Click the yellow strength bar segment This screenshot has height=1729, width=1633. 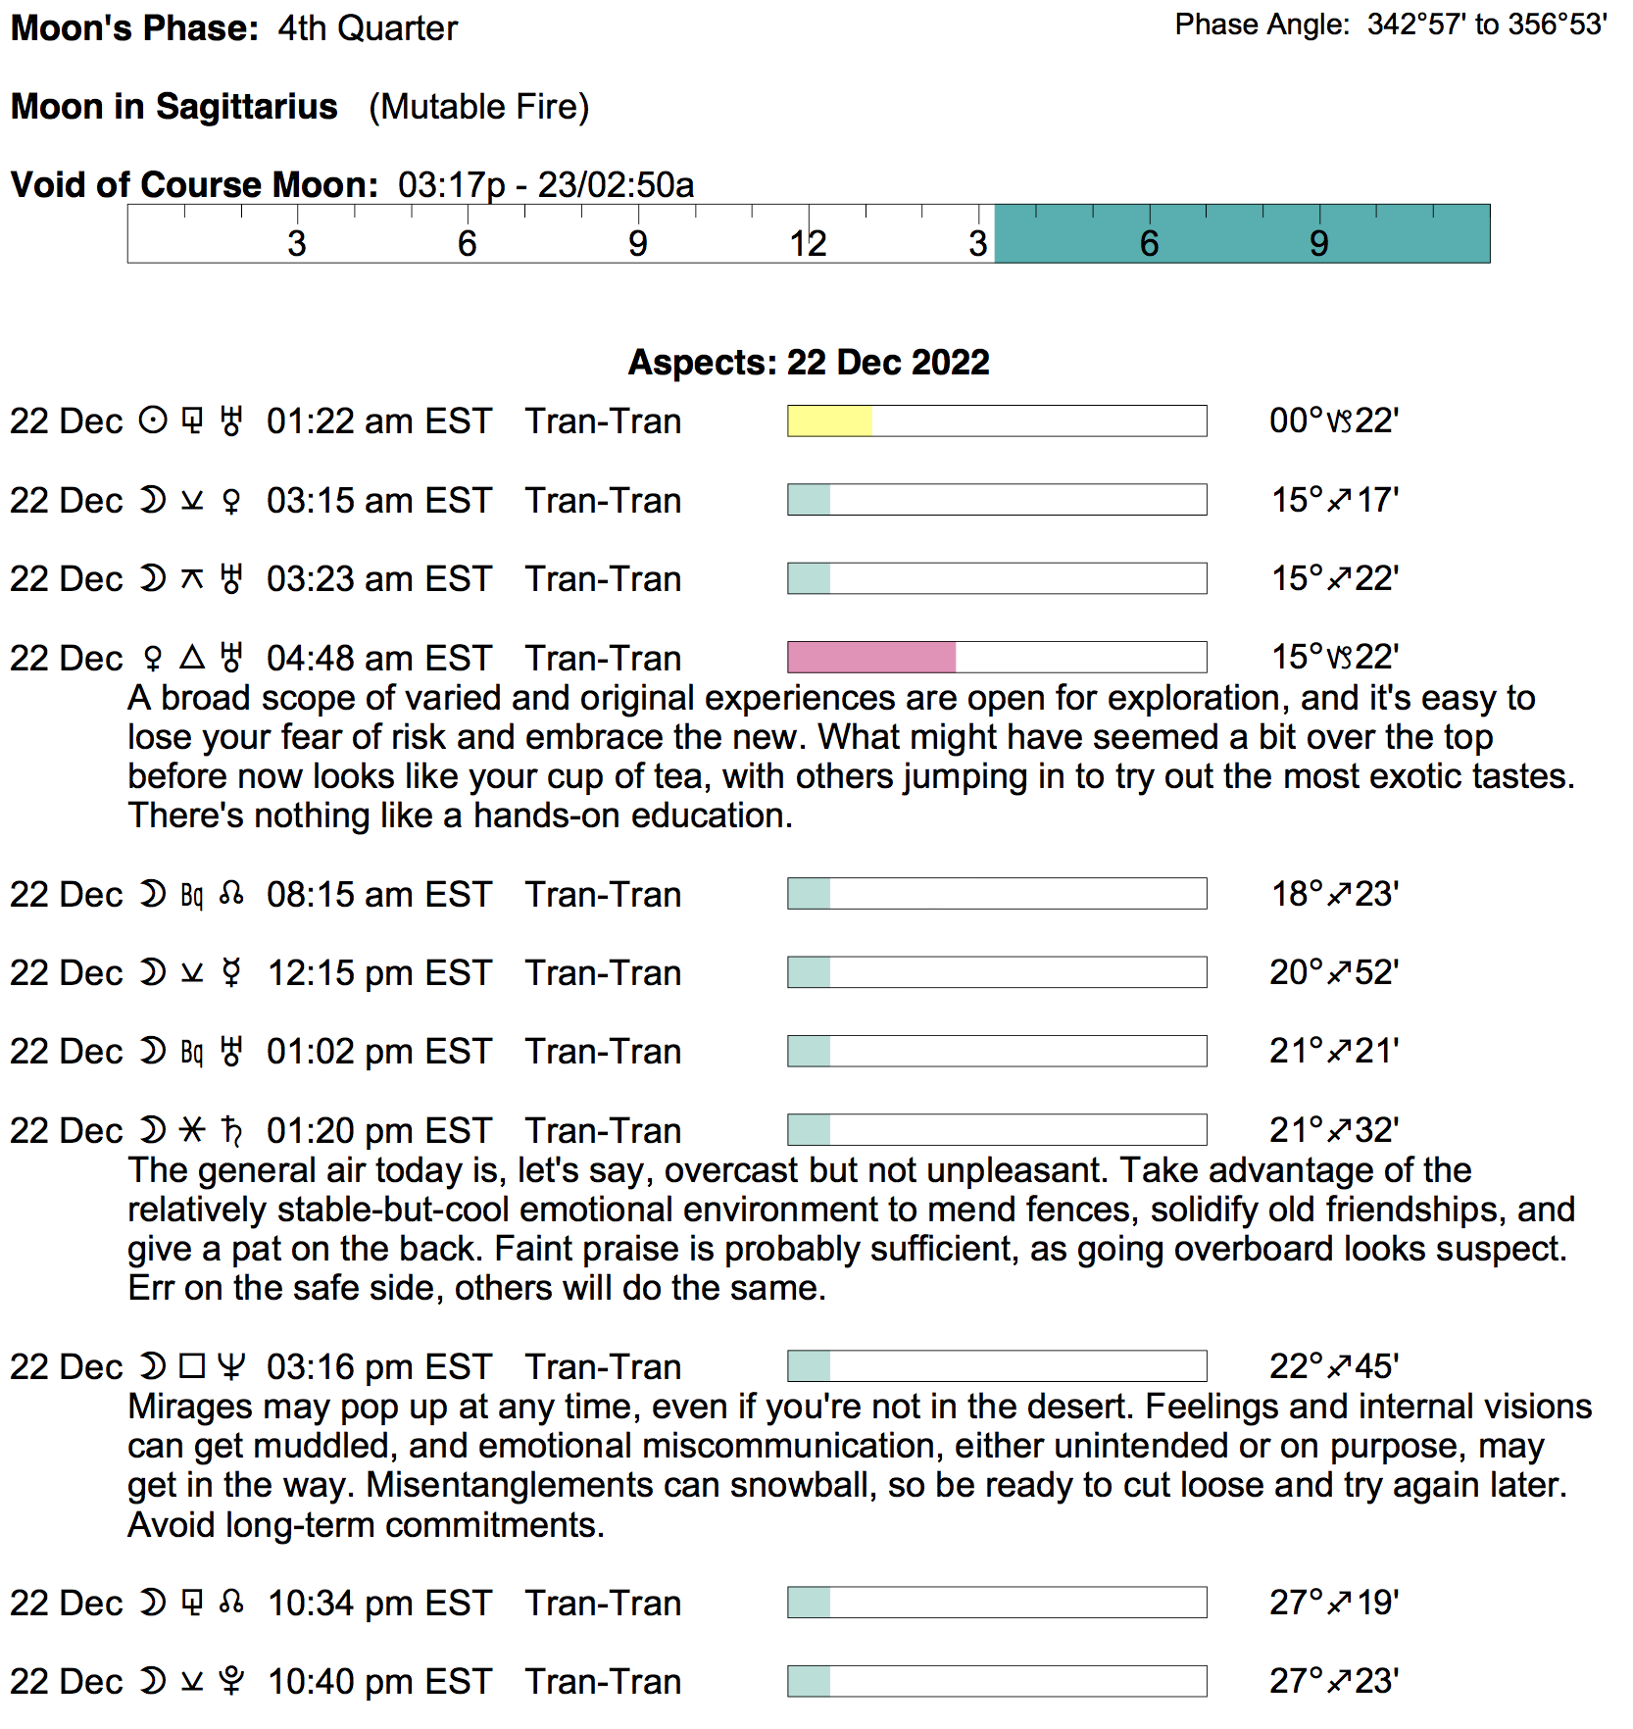(x=829, y=421)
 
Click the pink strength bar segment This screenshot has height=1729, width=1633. (x=871, y=658)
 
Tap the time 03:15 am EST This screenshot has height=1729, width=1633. (x=378, y=501)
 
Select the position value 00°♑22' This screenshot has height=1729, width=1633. (x=1333, y=421)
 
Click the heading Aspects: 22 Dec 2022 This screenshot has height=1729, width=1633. (x=809, y=363)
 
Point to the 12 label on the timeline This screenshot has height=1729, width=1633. (x=809, y=243)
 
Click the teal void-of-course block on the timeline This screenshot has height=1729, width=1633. (x=1242, y=234)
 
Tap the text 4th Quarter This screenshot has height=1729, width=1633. (x=368, y=28)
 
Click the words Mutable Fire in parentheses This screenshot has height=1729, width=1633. (x=479, y=107)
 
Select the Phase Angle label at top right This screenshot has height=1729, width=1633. (x=1262, y=25)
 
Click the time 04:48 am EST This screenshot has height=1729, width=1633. (x=378, y=659)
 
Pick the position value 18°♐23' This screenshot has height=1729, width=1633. (x=1334, y=894)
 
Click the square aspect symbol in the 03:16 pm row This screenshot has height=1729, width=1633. (x=192, y=1365)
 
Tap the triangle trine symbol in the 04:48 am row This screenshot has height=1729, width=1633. (x=192, y=657)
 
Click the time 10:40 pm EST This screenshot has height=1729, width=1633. (x=379, y=1682)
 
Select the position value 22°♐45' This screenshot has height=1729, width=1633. (x=1334, y=1366)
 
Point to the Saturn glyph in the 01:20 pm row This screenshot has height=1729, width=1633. (x=232, y=1130)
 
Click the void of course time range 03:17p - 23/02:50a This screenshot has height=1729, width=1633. (x=546, y=185)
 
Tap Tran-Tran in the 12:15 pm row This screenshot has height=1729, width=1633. (x=603, y=973)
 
